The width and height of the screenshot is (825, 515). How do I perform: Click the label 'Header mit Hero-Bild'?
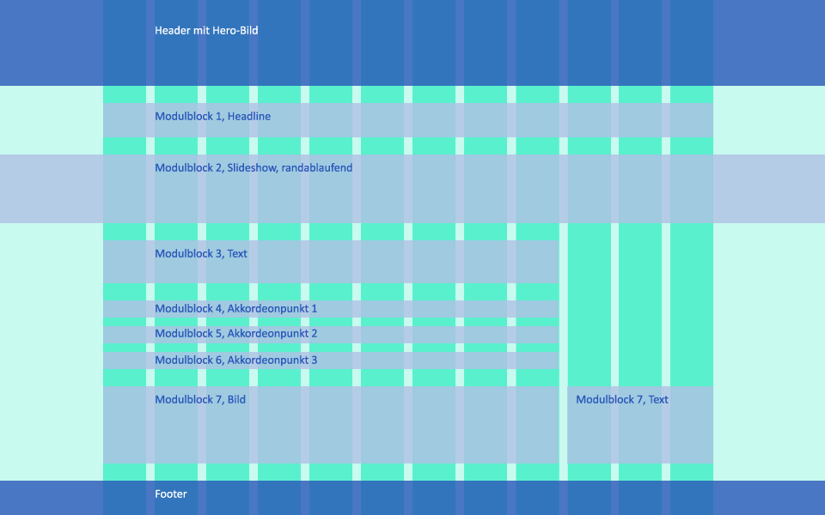[x=206, y=31]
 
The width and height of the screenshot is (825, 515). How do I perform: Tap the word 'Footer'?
[x=171, y=494]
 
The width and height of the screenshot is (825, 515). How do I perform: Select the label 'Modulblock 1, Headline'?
[x=212, y=117]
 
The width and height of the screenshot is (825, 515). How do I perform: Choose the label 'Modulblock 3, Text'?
[x=201, y=254]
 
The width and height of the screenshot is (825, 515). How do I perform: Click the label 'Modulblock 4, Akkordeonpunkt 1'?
[x=235, y=309]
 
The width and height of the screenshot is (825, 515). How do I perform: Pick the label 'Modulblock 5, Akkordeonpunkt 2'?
[x=235, y=334]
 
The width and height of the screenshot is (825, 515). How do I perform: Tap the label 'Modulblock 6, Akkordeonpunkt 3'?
[x=235, y=360]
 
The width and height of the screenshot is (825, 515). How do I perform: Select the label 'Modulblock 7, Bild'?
[x=200, y=400]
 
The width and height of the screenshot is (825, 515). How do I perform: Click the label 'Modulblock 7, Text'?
[x=622, y=400]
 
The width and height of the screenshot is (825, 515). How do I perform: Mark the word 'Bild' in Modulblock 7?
[x=236, y=400]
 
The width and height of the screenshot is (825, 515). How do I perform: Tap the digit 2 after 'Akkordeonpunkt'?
[x=314, y=334]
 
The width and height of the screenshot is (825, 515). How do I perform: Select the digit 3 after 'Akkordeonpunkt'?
[x=314, y=360]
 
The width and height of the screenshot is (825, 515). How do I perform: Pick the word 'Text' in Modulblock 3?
[x=237, y=254]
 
